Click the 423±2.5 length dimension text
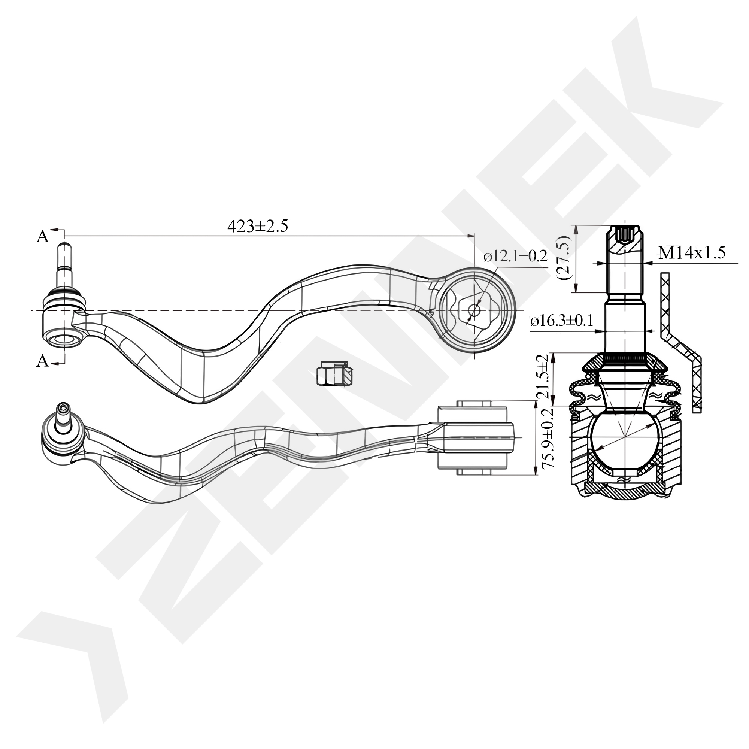click(257, 227)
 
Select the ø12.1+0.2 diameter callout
click(515, 256)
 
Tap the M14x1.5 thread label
click(692, 253)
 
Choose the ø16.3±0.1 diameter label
click(562, 321)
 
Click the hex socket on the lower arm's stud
click(64, 407)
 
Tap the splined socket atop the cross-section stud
click(625, 234)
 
